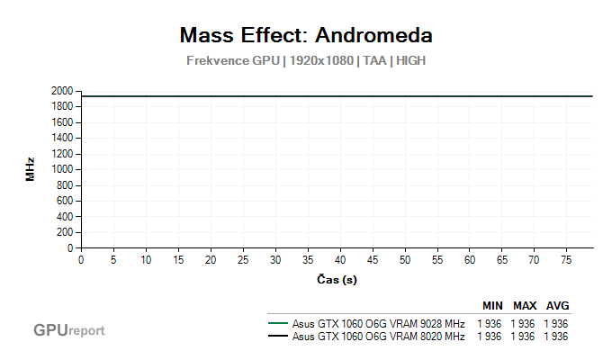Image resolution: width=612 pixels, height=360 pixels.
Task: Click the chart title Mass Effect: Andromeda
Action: click(x=306, y=35)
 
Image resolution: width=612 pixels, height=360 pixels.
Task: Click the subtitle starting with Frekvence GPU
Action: click(x=306, y=61)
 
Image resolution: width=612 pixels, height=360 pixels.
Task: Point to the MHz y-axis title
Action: click(x=30, y=169)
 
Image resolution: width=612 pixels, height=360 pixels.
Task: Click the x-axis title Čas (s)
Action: click(x=337, y=280)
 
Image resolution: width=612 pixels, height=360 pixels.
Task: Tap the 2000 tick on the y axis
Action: click(x=63, y=91)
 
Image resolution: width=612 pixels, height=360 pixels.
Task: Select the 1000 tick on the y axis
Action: click(x=63, y=170)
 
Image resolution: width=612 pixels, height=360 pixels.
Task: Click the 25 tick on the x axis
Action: click(x=243, y=260)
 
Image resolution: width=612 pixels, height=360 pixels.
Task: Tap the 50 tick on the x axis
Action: click(x=405, y=260)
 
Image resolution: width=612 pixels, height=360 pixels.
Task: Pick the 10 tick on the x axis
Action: click(x=146, y=260)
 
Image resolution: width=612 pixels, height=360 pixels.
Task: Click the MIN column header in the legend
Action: click(x=492, y=306)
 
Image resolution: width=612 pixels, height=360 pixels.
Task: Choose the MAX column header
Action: click(x=525, y=306)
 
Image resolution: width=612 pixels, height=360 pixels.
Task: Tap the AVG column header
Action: click(x=557, y=306)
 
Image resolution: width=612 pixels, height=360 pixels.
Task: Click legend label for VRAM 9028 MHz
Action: click(x=378, y=324)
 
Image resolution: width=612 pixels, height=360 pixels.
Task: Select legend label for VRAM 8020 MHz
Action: click(x=378, y=337)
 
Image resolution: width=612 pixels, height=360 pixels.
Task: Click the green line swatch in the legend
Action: click(x=277, y=324)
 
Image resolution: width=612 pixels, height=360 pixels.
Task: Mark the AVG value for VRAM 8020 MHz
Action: click(x=556, y=337)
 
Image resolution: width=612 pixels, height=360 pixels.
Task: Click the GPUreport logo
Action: click(x=69, y=330)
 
